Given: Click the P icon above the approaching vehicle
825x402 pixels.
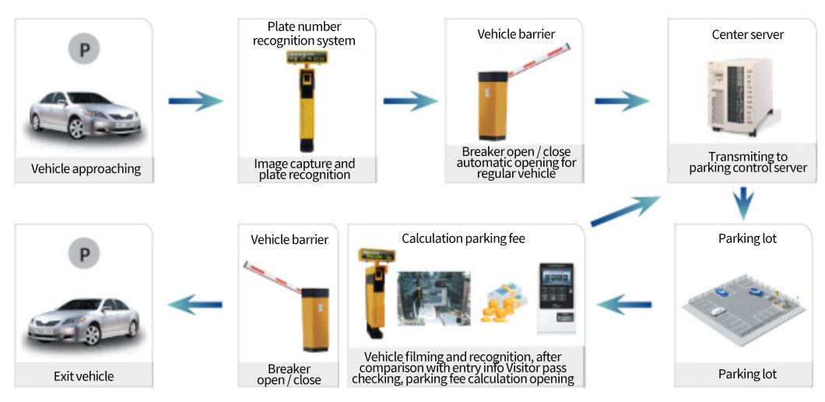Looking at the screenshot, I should click(85, 50).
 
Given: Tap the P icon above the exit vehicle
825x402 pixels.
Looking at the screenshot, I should click(85, 256).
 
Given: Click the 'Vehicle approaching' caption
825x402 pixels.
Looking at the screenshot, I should click(86, 168).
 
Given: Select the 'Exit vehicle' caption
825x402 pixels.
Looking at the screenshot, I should click(84, 376).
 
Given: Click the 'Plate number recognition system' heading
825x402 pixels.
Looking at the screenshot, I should click(304, 33).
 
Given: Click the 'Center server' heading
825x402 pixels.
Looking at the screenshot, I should click(747, 34).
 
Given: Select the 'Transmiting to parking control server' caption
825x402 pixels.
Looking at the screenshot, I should click(747, 162).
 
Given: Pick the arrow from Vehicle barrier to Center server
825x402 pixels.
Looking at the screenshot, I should click(623, 100).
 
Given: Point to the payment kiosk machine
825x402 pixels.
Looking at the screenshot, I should click(556, 298).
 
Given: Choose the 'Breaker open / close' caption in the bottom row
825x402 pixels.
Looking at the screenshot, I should click(289, 375).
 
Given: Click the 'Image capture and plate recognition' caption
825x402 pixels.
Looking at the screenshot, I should click(304, 169).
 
